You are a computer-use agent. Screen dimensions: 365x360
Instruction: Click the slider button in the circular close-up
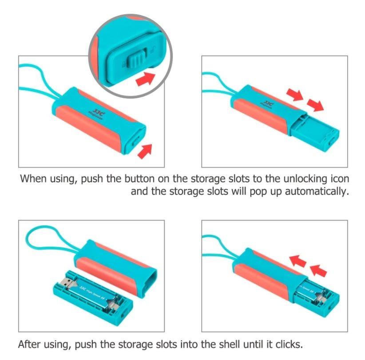[x=137, y=60]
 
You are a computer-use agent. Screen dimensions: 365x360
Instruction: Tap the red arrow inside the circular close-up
[x=145, y=79]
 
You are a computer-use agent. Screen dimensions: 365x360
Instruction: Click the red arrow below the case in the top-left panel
[x=145, y=151]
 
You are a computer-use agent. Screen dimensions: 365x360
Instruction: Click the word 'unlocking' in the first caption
[x=305, y=179]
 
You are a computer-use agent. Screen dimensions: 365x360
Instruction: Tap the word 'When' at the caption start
[x=33, y=179]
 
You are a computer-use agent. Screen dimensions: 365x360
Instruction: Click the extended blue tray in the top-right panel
[x=315, y=132]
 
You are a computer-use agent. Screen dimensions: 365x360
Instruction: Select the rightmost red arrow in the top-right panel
[x=315, y=105]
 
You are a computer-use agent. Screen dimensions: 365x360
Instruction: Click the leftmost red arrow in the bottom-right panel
[x=298, y=261]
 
